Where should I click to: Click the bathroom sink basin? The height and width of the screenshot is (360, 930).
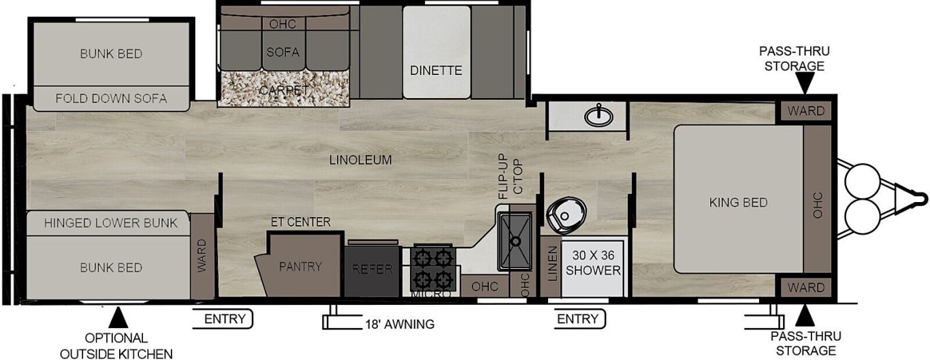pyautogui.click(x=598, y=116)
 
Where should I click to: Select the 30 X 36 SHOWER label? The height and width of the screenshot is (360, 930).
pyautogui.click(x=593, y=263)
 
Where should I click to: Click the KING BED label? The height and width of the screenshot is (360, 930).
pyautogui.click(x=738, y=203)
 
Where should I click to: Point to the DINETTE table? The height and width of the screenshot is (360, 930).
pyautogui.click(x=436, y=52)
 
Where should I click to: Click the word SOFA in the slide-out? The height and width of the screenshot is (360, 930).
pyautogui.click(x=283, y=52)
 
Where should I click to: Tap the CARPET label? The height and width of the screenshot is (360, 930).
pyautogui.click(x=284, y=90)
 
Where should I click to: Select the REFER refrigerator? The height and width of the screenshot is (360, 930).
pyautogui.click(x=372, y=271)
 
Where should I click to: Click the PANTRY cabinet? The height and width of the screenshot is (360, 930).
pyautogui.click(x=300, y=265)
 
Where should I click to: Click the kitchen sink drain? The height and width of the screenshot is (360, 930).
pyautogui.click(x=515, y=241)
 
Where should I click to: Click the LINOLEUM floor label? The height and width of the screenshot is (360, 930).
pyautogui.click(x=360, y=160)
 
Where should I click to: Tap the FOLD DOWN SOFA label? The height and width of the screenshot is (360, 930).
pyautogui.click(x=111, y=99)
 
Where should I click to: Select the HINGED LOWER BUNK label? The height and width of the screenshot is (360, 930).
pyautogui.click(x=111, y=223)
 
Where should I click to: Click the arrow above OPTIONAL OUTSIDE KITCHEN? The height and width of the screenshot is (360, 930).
pyautogui.click(x=118, y=317)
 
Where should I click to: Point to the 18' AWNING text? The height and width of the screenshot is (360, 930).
pyautogui.click(x=400, y=324)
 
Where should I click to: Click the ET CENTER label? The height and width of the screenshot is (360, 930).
pyautogui.click(x=301, y=222)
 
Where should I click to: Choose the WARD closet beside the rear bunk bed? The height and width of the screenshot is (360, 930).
pyautogui.click(x=202, y=256)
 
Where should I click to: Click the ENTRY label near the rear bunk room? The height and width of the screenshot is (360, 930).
pyautogui.click(x=225, y=319)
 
